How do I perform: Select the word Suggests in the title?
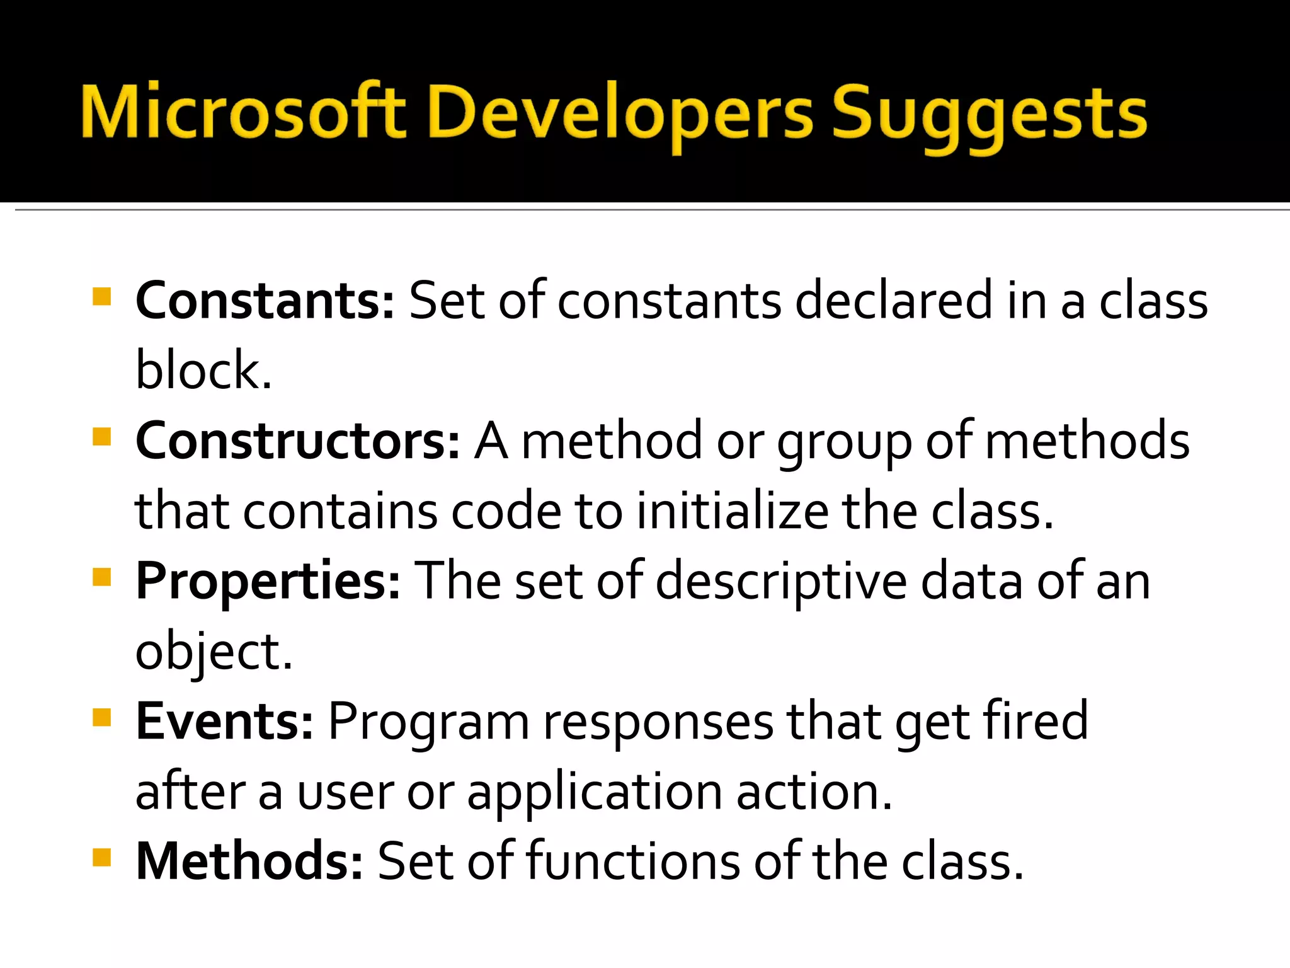[x=989, y=117]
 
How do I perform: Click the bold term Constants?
[x=265, y=301]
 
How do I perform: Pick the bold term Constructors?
[x=297, y=441]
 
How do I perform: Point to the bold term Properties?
[x=268, y=581]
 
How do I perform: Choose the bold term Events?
[x=224, y=721]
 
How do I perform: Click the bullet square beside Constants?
[x=101, y=296]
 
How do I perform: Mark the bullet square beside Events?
[x=101, y=717]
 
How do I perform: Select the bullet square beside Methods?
[x=101, y=857]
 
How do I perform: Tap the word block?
[x=203, y=371]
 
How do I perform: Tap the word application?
[x=594, y=793]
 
